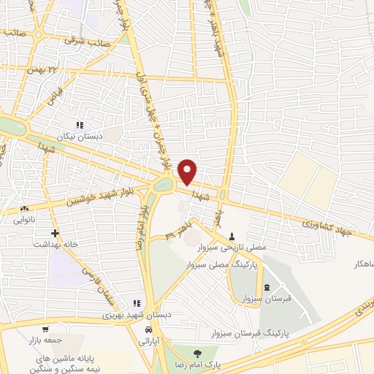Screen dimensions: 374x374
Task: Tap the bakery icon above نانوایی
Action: click(x=24, y=209)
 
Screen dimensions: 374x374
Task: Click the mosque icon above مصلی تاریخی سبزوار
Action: click(x=232, y=236)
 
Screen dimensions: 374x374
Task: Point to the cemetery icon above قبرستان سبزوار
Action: click(x=267, y=286)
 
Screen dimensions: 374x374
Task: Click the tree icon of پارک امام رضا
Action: click(x=195, y=352)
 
